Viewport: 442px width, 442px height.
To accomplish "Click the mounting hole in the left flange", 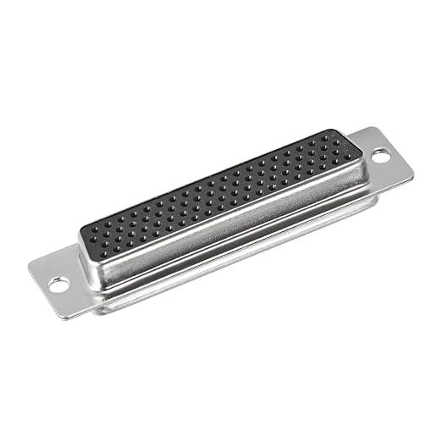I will click(58, 285).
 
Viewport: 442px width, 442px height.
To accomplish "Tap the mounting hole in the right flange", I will click(381, 157).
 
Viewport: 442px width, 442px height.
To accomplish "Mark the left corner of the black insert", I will click(81, 229).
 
